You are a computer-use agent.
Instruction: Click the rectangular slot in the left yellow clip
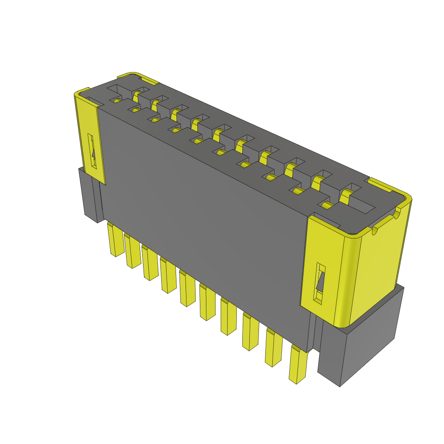tap(92, 151)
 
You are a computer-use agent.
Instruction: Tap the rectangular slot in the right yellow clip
tap(320, 282)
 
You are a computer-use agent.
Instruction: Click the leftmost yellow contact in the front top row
tap(116, 101)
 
